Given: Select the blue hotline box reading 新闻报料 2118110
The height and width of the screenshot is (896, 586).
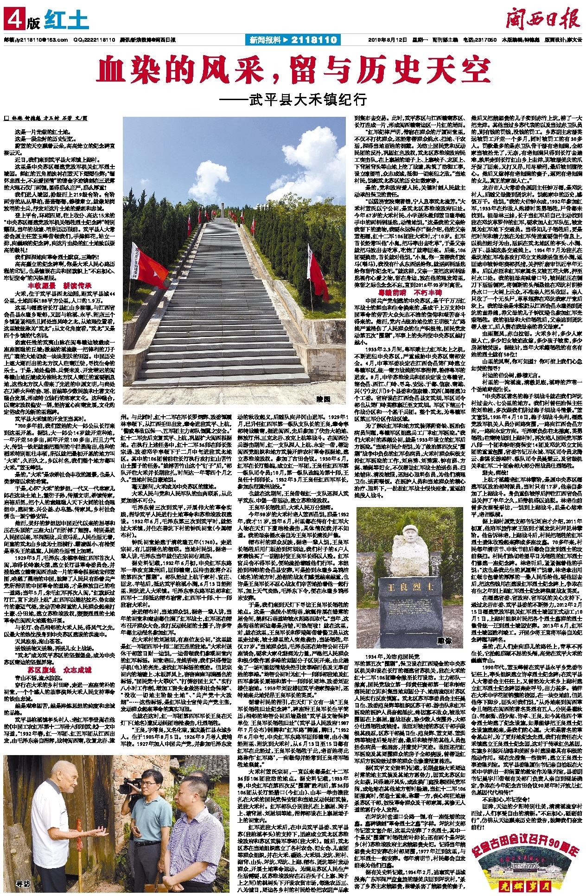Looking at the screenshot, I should click(292, 40).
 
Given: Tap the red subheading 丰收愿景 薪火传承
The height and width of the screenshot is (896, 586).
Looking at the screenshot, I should click(60, 286).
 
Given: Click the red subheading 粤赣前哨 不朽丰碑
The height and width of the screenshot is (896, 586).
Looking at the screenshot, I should click(410, 292).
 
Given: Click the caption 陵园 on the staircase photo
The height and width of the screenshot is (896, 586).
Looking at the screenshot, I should click(323, 399).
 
